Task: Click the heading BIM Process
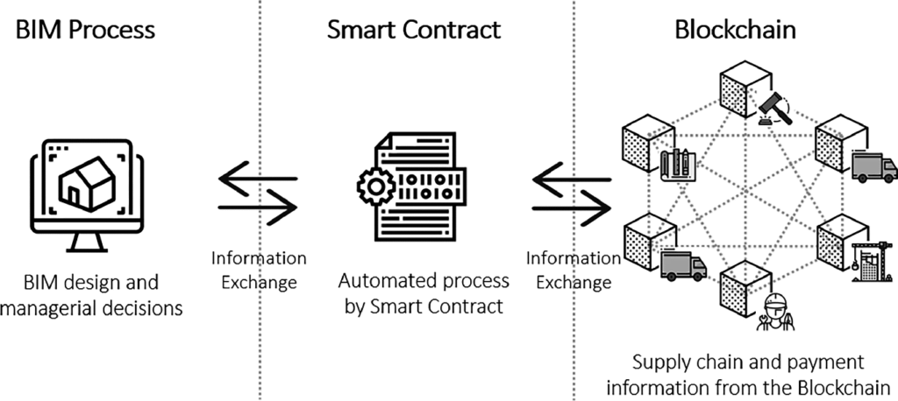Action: tap(86, 29)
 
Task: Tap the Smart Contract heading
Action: tap(413, 29)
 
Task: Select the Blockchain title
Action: tap(735, 29)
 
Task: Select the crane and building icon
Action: tap(866, 259)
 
